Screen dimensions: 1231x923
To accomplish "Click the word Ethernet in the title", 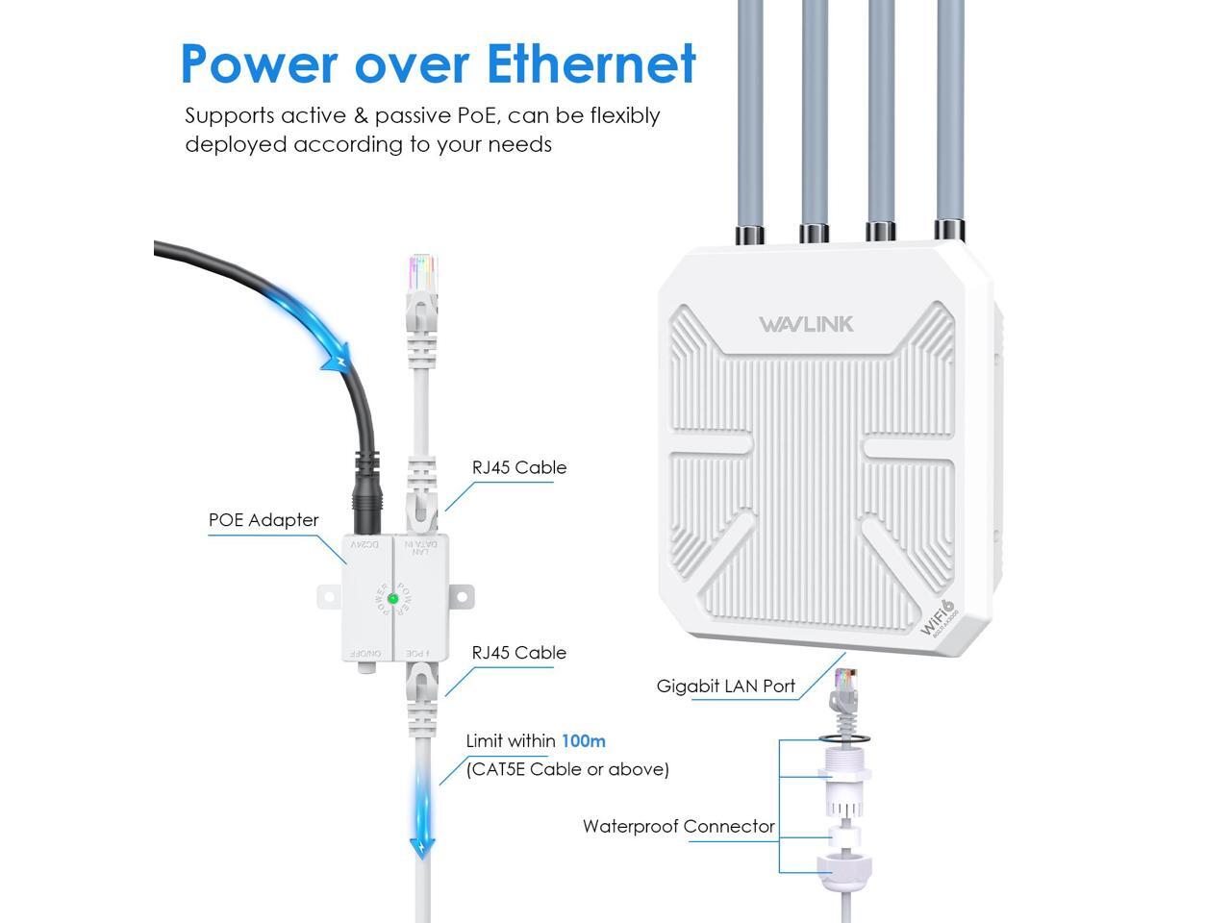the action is click(x=590, y=63).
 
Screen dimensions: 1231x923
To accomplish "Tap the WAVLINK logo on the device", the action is click(x=806, y=324).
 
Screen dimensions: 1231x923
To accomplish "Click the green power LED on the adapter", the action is click(x=392, y=599).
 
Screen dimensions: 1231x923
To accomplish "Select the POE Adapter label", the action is click(x=263, y=520).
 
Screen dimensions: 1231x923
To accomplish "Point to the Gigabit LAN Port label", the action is click(x=725, y=686).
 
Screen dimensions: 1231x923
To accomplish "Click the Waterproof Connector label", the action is click(x=678, y=827).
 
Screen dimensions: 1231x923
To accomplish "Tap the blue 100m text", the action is click(x=583, y=741).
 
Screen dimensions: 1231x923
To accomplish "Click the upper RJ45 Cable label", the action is click(x=518, y=468).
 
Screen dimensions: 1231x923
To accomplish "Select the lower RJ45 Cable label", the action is click(x=518, y=653).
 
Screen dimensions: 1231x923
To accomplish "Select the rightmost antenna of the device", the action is click(x=949, y=115).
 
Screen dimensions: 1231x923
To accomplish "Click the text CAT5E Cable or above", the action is click(x=567, y=769).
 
